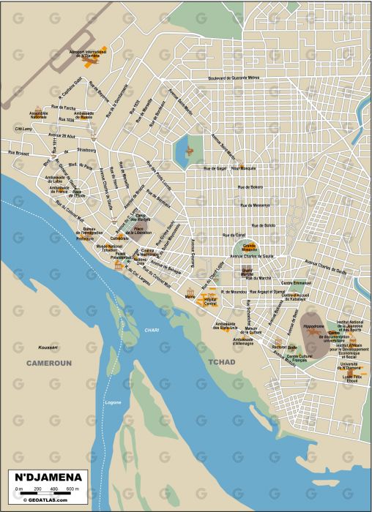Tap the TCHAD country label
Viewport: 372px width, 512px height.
pos(222,362)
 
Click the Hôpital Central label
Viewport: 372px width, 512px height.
pos(211,301)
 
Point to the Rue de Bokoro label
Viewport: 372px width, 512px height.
pos(250,188)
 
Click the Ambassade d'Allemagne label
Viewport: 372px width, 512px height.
pos(243,342)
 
